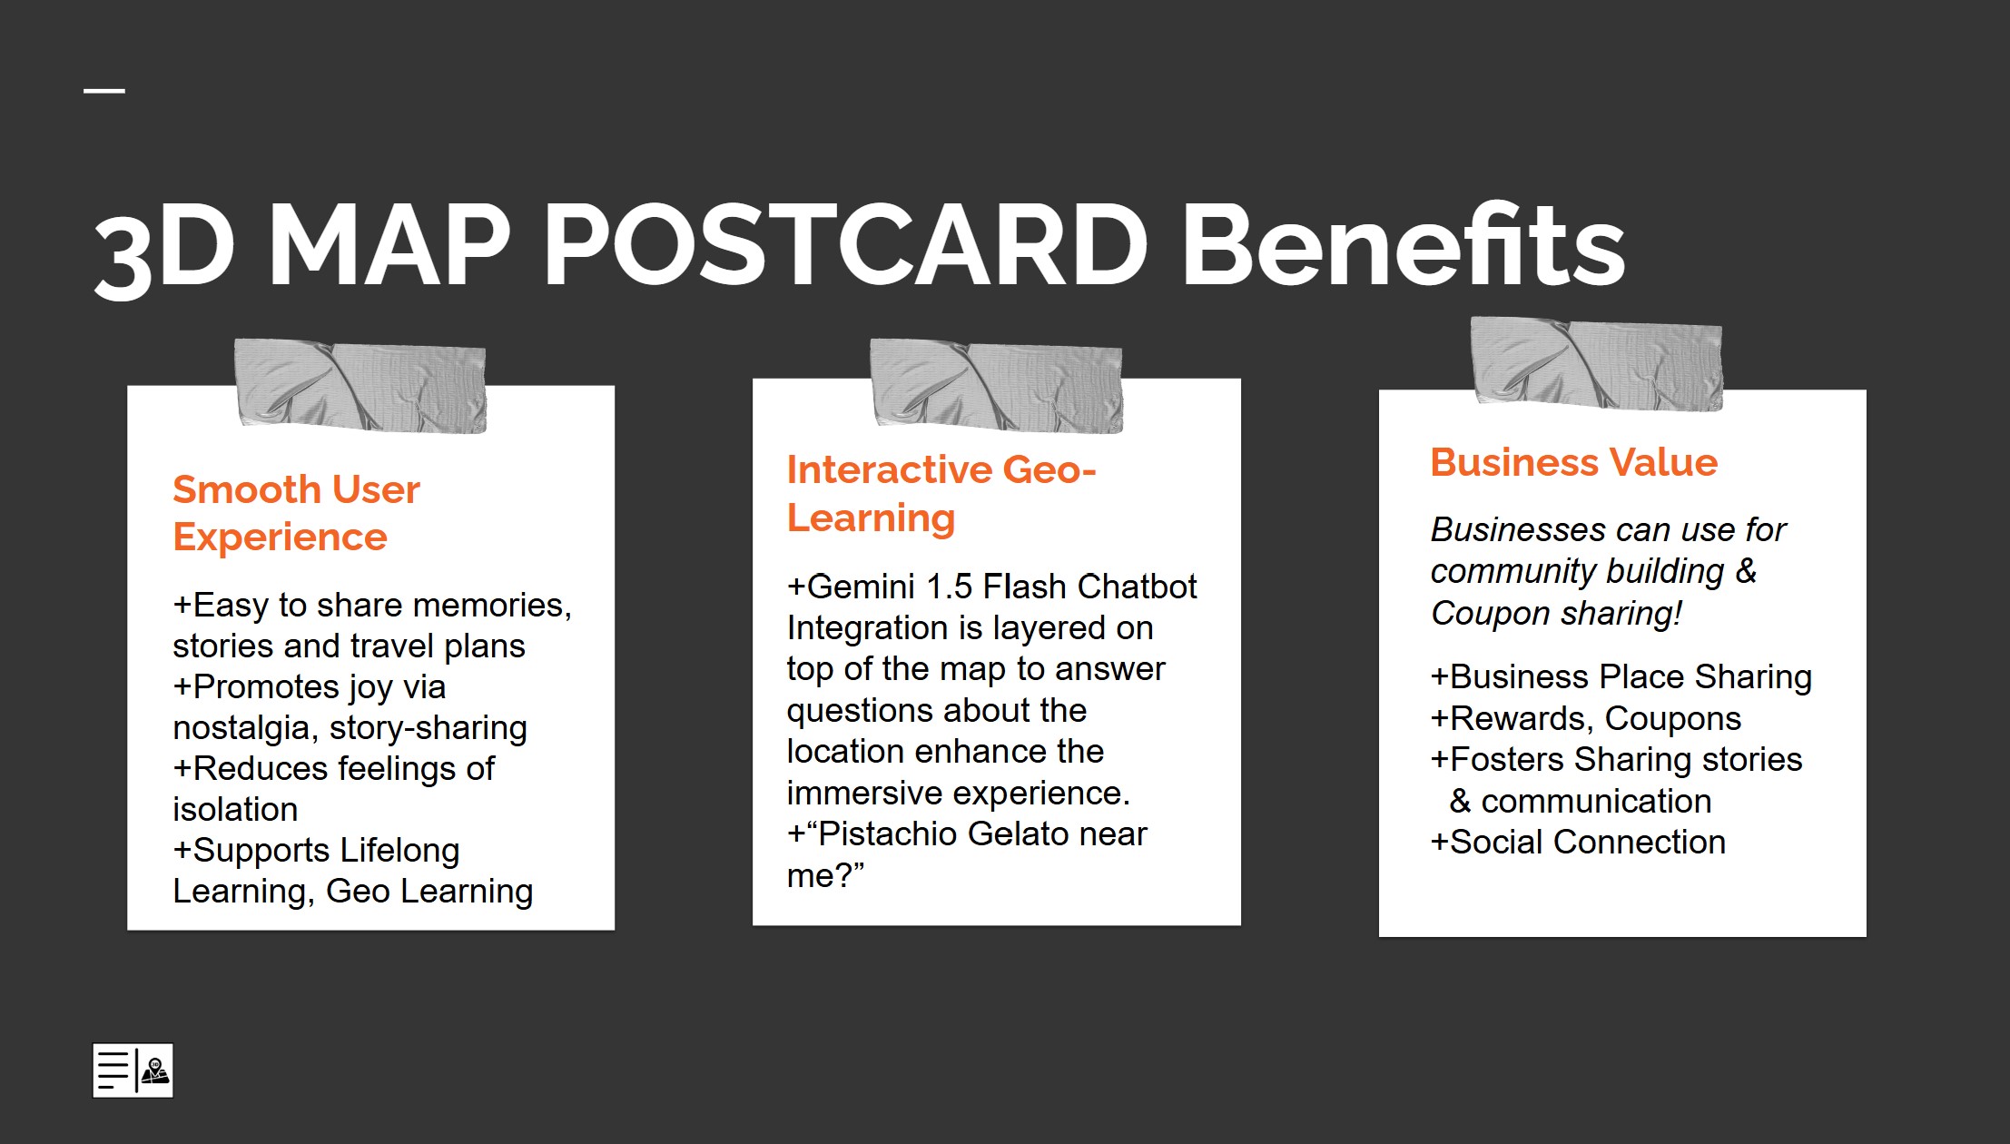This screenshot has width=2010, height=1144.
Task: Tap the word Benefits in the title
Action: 1403,243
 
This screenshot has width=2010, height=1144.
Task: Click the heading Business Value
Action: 1573,462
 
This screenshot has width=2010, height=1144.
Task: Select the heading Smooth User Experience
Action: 296,513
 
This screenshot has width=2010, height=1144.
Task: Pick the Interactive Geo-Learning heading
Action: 941,493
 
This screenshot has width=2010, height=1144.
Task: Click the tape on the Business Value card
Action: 1596,363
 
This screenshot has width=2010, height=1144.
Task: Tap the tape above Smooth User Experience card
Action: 360,385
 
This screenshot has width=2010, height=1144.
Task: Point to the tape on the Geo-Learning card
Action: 997,385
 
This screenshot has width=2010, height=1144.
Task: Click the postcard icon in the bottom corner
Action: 133,1070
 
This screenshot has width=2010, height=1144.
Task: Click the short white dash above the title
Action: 104,90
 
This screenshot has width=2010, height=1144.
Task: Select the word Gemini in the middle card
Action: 861,587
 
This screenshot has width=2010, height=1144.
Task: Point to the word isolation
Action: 235,809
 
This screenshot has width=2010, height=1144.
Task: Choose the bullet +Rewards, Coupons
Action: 1586,718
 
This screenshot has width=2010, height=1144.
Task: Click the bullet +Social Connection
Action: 1578,842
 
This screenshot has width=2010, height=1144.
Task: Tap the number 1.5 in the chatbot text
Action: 950,587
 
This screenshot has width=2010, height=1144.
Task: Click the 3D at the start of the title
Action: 164,250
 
